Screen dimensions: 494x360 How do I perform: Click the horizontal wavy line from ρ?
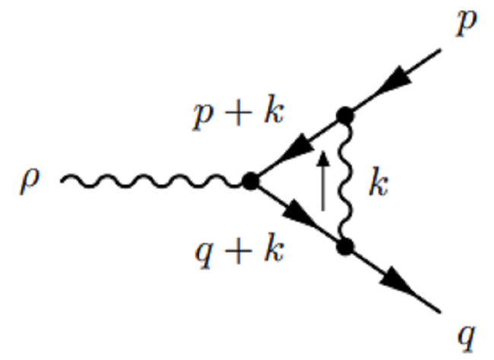[x=152, y=181]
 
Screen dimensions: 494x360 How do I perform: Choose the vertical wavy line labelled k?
[x=349, y=181]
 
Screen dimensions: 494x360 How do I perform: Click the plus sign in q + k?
[x=235, y=248]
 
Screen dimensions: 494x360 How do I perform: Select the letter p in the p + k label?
[x=201, y=115]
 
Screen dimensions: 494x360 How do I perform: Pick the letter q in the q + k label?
[x=201, y=251]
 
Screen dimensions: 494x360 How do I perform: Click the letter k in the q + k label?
[x=271, y=247]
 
